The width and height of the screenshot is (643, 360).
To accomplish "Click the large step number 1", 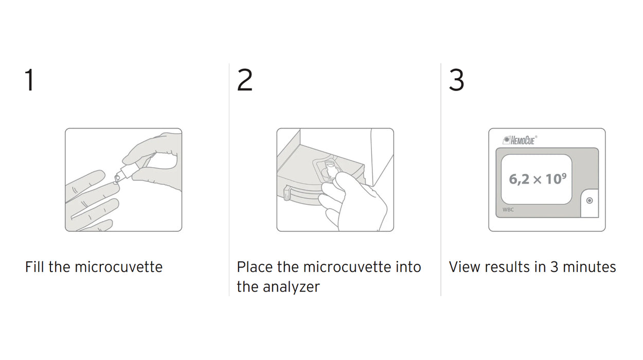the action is coord(30,80).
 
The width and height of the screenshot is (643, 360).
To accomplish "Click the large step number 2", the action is coord(244,80).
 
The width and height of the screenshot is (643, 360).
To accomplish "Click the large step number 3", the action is coord(456,80).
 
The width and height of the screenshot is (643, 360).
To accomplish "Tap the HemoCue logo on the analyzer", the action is coord(520,140).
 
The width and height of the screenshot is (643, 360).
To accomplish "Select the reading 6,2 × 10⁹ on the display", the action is coord(538,179).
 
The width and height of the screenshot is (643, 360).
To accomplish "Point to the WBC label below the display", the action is coord(508,210).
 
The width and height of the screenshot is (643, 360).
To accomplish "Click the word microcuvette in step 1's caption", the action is coord(118,267).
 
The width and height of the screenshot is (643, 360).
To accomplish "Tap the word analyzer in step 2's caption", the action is coord(291,287).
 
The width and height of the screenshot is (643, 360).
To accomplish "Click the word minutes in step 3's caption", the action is coord(590,267).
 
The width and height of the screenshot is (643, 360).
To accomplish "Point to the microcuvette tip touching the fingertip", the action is coord(117,179).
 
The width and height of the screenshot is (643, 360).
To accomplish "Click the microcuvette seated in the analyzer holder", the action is coord(329,171).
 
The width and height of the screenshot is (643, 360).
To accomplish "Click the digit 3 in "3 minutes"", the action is coord(553,267).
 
